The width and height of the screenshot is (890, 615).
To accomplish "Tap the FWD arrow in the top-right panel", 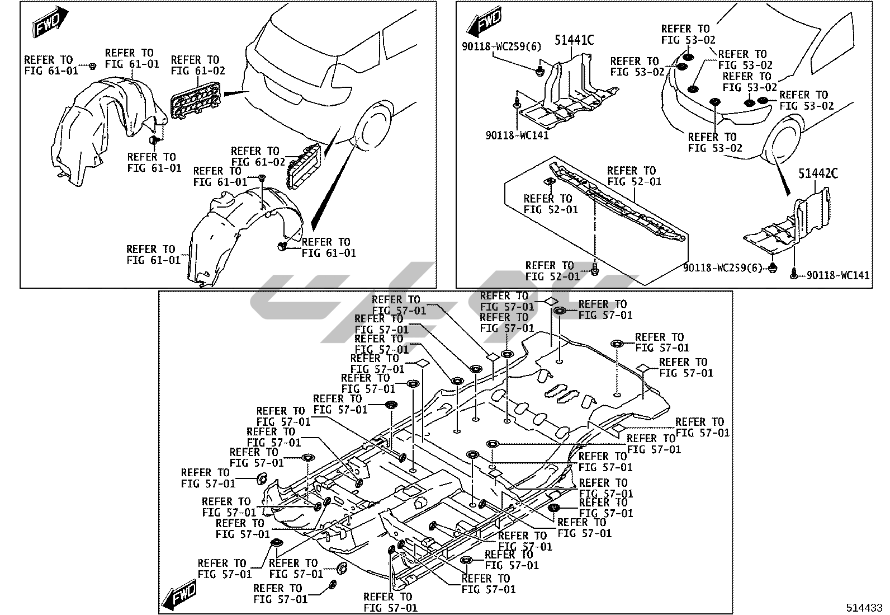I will pyautogui.click(x=485, y=23).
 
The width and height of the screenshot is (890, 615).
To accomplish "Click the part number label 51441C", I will pyautogui.click(x=574, y=40).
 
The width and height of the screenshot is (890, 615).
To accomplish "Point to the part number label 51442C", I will pyautogui.click(x=818, y=174).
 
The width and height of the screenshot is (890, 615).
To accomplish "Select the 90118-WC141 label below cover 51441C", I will pyautogui.click(x=517, y=135).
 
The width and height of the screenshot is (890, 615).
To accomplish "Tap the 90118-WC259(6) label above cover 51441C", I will pyautogui.click(x=501, y=46).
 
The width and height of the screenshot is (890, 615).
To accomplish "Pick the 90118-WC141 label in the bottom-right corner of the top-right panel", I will pyautogui.click(x=838, y=275).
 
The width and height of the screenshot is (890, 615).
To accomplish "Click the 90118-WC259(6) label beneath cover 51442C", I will pyautogui.click(x=722, y=269).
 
